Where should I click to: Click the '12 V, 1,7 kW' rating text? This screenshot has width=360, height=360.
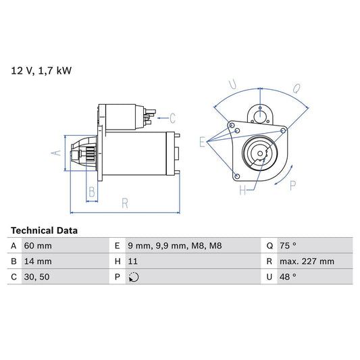tap(41, 70)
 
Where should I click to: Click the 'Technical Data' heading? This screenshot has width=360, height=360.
tap(44, 230)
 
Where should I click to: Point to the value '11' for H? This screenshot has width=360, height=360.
tap(132, 261)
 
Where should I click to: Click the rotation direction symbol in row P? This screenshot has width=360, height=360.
tap(133, 278)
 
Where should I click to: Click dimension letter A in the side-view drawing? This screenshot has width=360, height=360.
tap(56, 153)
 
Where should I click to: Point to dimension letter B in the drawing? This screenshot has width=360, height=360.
tap(91, 192)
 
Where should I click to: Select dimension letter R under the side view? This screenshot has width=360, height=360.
tap(125, 202)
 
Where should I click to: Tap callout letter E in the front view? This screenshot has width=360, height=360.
tap(201, 141)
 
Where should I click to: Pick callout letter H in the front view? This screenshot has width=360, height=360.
tap(242, 191)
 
